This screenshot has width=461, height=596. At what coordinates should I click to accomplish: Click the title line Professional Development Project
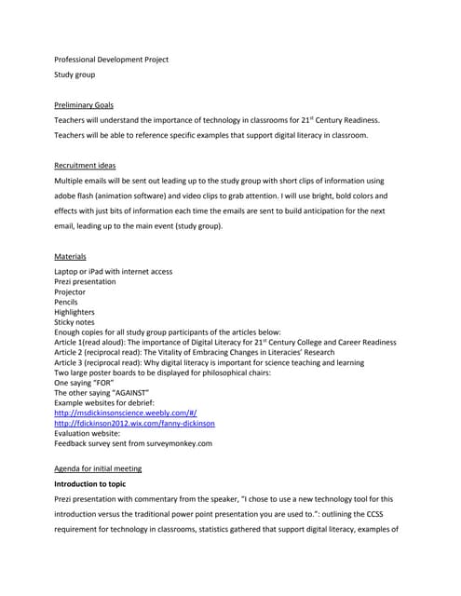[x=111, y=60]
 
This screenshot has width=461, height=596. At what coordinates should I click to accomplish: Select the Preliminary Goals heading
[x=84, y=105]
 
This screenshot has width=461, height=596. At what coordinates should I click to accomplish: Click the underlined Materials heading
[x=71, y=255]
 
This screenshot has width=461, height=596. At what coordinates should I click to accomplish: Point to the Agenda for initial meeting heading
[x=98, y=467]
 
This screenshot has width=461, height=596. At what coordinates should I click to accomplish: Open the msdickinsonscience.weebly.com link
[x=126, y=412]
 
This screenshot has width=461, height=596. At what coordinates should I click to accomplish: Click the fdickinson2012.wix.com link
[x=134, y=423]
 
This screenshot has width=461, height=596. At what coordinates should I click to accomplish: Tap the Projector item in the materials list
[x=70, y=292]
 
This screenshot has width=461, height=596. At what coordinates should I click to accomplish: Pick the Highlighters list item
[x=75, y=313]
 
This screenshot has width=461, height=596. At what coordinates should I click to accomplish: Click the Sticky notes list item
[x=75, y=323]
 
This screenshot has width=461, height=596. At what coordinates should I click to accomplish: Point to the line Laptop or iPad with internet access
[x=113, y=272]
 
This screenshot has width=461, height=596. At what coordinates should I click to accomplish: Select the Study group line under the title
[x=75, y=74]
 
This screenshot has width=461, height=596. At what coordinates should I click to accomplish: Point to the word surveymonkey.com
[x=176, y=443]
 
